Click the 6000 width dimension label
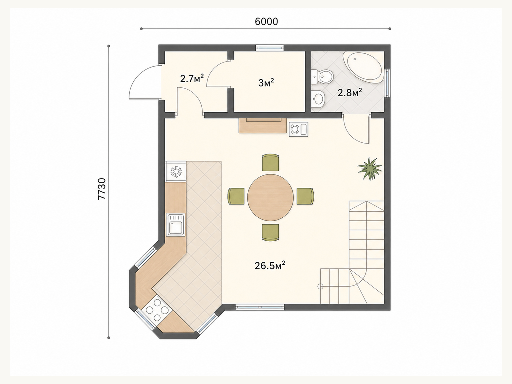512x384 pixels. [x=266, y=21]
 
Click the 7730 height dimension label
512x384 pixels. [x=102, y=188]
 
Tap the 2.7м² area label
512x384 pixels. [x=192, y=79]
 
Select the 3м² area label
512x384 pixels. [x=266, y=83]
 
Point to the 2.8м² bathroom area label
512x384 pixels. [x=350, y=92]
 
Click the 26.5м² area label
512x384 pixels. [x=270, y=265]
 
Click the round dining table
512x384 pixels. [x=270, y=197]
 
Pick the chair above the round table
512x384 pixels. [x=270, y=162]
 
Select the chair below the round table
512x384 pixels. [x=270, y=232]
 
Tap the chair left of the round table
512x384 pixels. [x=236, y=196]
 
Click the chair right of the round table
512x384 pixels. [x=305, y=196]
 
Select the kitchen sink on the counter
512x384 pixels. [x=176, y=225]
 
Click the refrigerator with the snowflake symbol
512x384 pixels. [x=176, y=172]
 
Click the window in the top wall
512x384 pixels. [x=270, y=48]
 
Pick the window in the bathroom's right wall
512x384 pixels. [x=387, y=83]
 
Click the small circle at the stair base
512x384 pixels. [x=320, y=286]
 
